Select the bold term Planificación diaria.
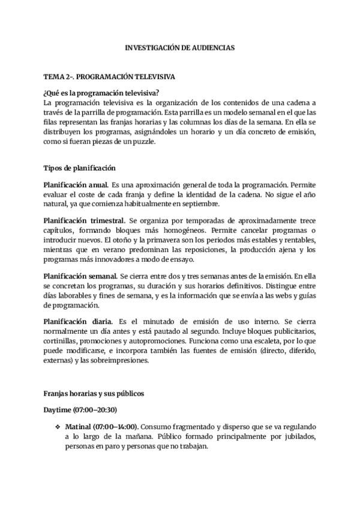click(77, 321)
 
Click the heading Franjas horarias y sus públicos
click(93, 394)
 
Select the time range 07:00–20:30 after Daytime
click(94, 410)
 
